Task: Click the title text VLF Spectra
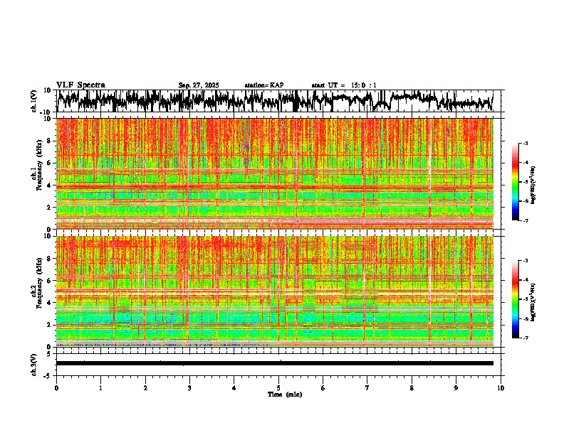80,85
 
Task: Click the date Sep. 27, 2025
198,85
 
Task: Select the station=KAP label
263,85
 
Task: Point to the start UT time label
344,85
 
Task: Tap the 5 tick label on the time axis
278,387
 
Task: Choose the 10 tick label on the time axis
501,387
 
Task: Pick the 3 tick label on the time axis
189,387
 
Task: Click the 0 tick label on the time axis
56,387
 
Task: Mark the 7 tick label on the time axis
367,387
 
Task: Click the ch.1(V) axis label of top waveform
35,101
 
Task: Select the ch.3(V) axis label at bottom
35,363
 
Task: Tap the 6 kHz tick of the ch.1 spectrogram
48,163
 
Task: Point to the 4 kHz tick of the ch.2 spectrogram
48,303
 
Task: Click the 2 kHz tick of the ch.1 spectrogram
48,208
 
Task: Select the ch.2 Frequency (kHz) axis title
36,291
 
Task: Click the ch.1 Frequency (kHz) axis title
36,174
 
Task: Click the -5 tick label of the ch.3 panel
47,375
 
